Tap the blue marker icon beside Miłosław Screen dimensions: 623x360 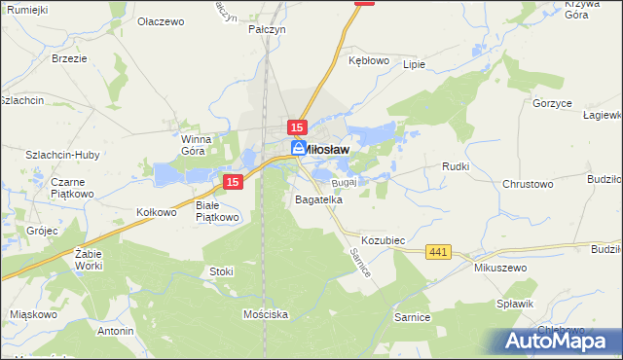pyautogui.click(x=299, y=148)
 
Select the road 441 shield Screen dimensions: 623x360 pyautogui.click(x=438, y=252)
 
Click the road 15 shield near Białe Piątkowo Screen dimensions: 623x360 pyautogui.click(x=232, y=182)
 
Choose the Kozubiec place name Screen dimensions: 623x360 pyautogui.click(x=383, y=239)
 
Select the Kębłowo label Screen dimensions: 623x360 pyautogui.click(x=369, y=59)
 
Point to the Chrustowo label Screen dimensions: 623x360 pyautogui.click(x=528, y=184)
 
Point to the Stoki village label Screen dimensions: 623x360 pyautogui.click(x=221, y=271)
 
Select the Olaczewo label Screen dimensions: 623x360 pyautogui.click(x=161, y=20)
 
